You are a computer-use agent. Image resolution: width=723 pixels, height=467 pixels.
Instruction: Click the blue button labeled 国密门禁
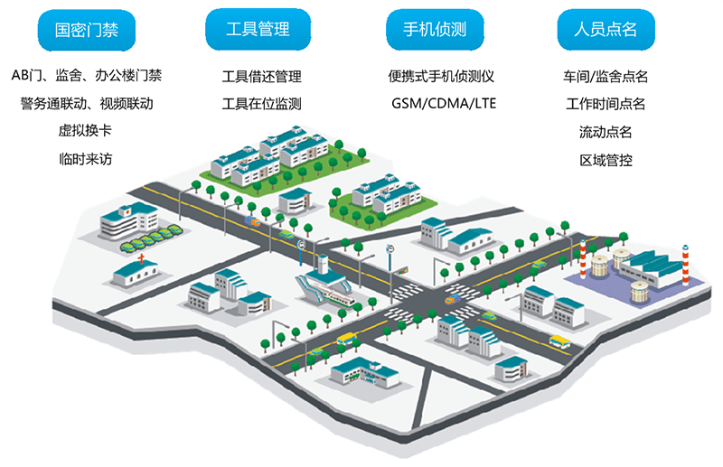(87, 31)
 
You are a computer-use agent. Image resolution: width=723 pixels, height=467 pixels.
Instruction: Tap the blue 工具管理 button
(258, 30)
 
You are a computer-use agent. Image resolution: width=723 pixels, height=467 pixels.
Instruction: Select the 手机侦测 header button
(435, 30)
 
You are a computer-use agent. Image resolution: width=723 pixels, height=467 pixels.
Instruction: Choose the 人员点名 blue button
(606, 30)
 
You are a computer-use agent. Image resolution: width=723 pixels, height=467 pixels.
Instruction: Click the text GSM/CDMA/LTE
(444, 103)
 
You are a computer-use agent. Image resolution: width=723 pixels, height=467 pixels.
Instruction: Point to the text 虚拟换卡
(85, 130)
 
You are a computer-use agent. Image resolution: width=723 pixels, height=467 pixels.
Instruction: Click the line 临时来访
(86, 159)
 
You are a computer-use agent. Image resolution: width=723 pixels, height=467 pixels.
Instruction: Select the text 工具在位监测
(261, 104)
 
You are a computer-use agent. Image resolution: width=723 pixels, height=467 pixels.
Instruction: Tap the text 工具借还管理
(261, 76)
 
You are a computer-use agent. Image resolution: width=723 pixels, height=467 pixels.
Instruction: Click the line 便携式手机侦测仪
(441, 76)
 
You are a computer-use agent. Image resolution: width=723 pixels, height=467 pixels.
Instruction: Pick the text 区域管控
(606, 160)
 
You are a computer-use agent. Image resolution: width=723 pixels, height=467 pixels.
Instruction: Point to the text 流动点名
(606, 132)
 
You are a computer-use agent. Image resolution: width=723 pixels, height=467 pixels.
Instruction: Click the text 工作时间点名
(606, 104)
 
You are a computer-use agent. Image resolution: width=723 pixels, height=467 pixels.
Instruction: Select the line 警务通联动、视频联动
(87, 103)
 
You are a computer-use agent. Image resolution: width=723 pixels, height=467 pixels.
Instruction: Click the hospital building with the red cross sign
(128, 221)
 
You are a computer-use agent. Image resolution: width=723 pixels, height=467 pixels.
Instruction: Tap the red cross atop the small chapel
(142, 258)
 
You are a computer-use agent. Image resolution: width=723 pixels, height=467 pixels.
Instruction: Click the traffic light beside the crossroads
(403, 271)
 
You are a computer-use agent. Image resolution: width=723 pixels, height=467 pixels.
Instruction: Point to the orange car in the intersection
(453, 300)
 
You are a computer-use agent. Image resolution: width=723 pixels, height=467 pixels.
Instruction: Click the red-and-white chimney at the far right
(685, 265)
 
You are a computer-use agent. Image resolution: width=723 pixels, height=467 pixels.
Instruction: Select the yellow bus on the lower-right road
(559, 341)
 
